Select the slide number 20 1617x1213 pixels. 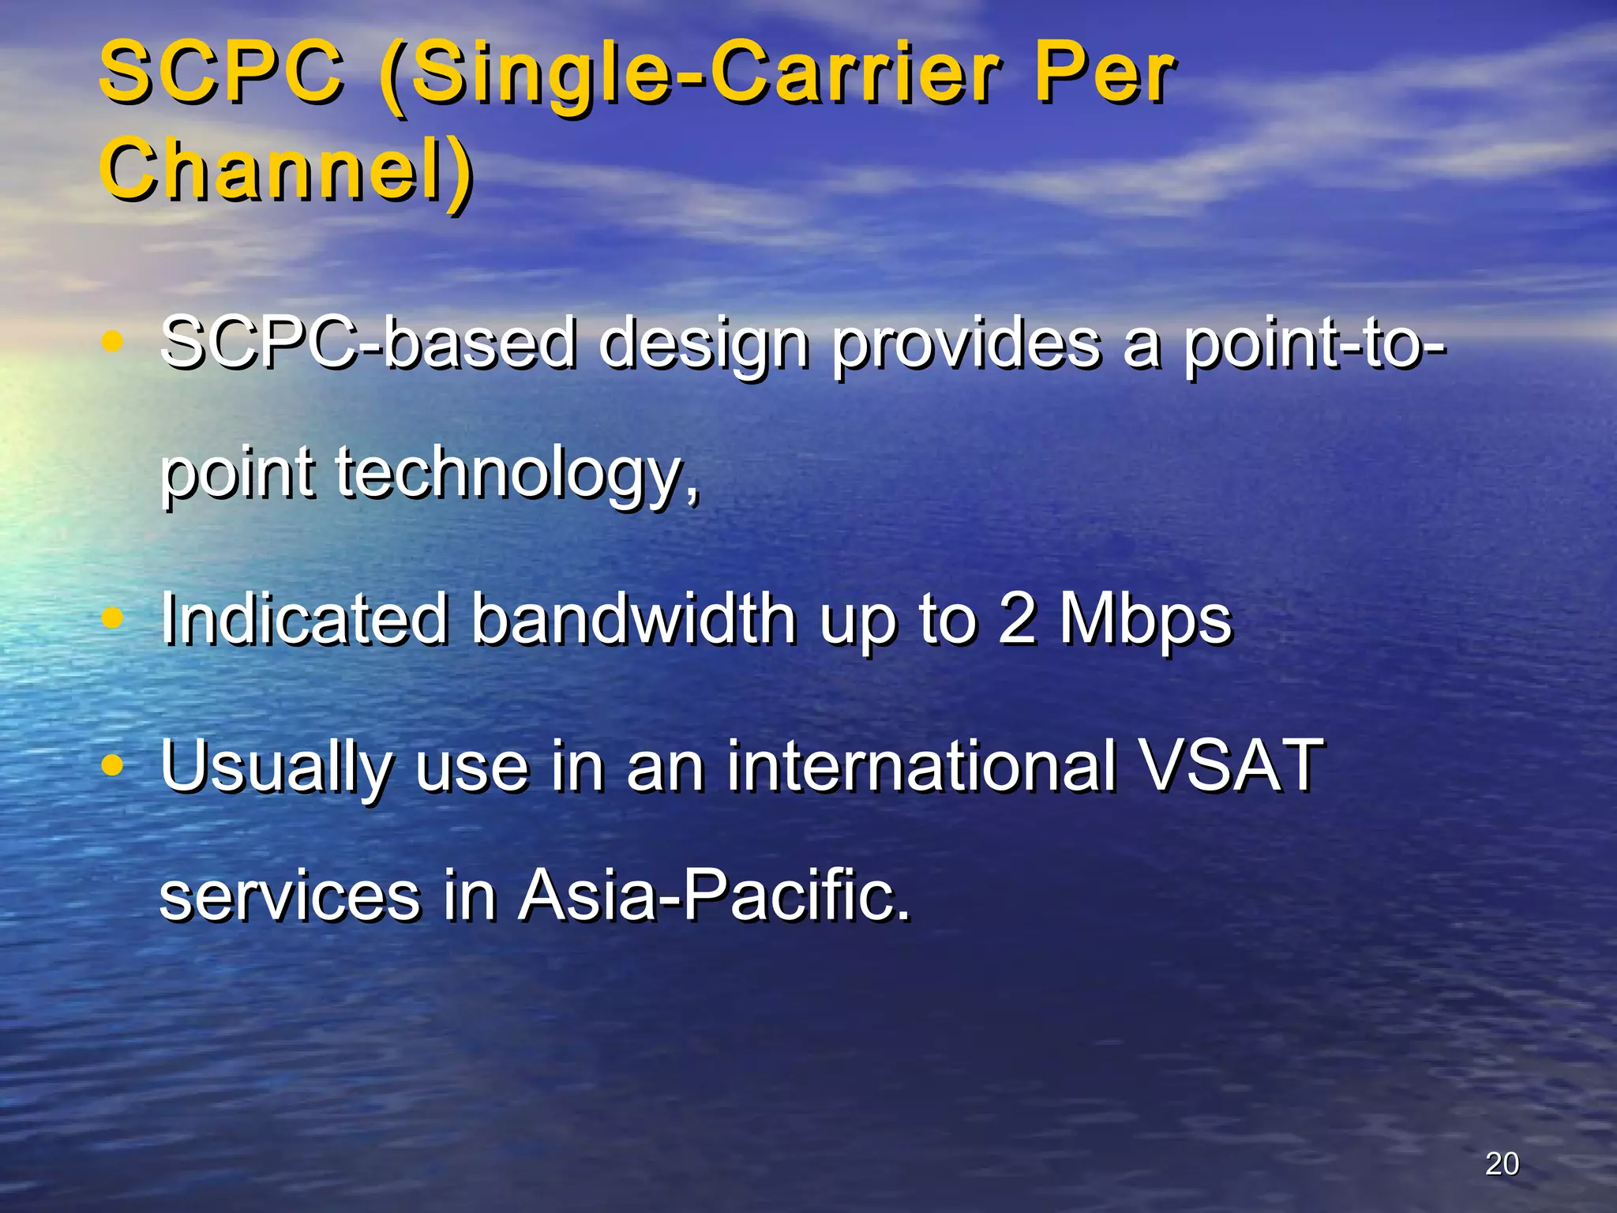pyautogui.click(x=1502, y=1163)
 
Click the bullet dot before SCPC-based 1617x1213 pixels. pyautogui.click(x=113, y=341)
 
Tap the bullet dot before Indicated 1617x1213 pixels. pyautogui.click(x=113, y=618)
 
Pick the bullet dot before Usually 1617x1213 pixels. pyautogui.click(x=113, y=764)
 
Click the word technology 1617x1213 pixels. pyautogui.click(x=518, y=474)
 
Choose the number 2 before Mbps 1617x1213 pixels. pyautogui.click(x=1017, y=619)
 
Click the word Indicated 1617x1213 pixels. pyautogui.click(x=305, y=619)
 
